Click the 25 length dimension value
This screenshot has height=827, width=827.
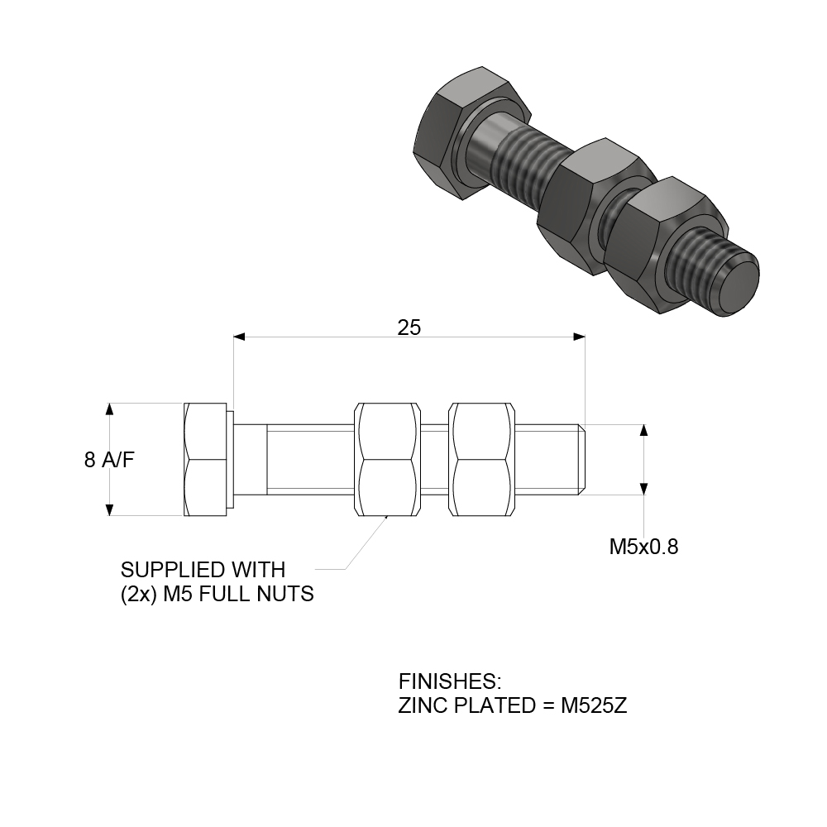(x=409, y=327)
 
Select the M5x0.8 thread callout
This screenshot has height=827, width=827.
(x=643, y=547)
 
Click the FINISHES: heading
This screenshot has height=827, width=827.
(x=450, y=682)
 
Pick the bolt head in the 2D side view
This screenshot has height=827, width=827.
(x=205, y=460)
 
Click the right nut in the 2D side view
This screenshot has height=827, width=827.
(x=481, y=460)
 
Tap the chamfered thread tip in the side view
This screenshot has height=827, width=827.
(x=582, y=460)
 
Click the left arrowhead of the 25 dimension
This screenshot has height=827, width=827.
(x=240, y=337)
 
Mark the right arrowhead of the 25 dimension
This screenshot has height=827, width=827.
(x=579, y=337)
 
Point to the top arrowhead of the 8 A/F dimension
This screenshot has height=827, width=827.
(x=109, y=409)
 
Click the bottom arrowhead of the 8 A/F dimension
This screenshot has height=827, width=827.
(x=109, y=509)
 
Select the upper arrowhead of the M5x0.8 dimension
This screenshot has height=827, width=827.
(x=644, y=430)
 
